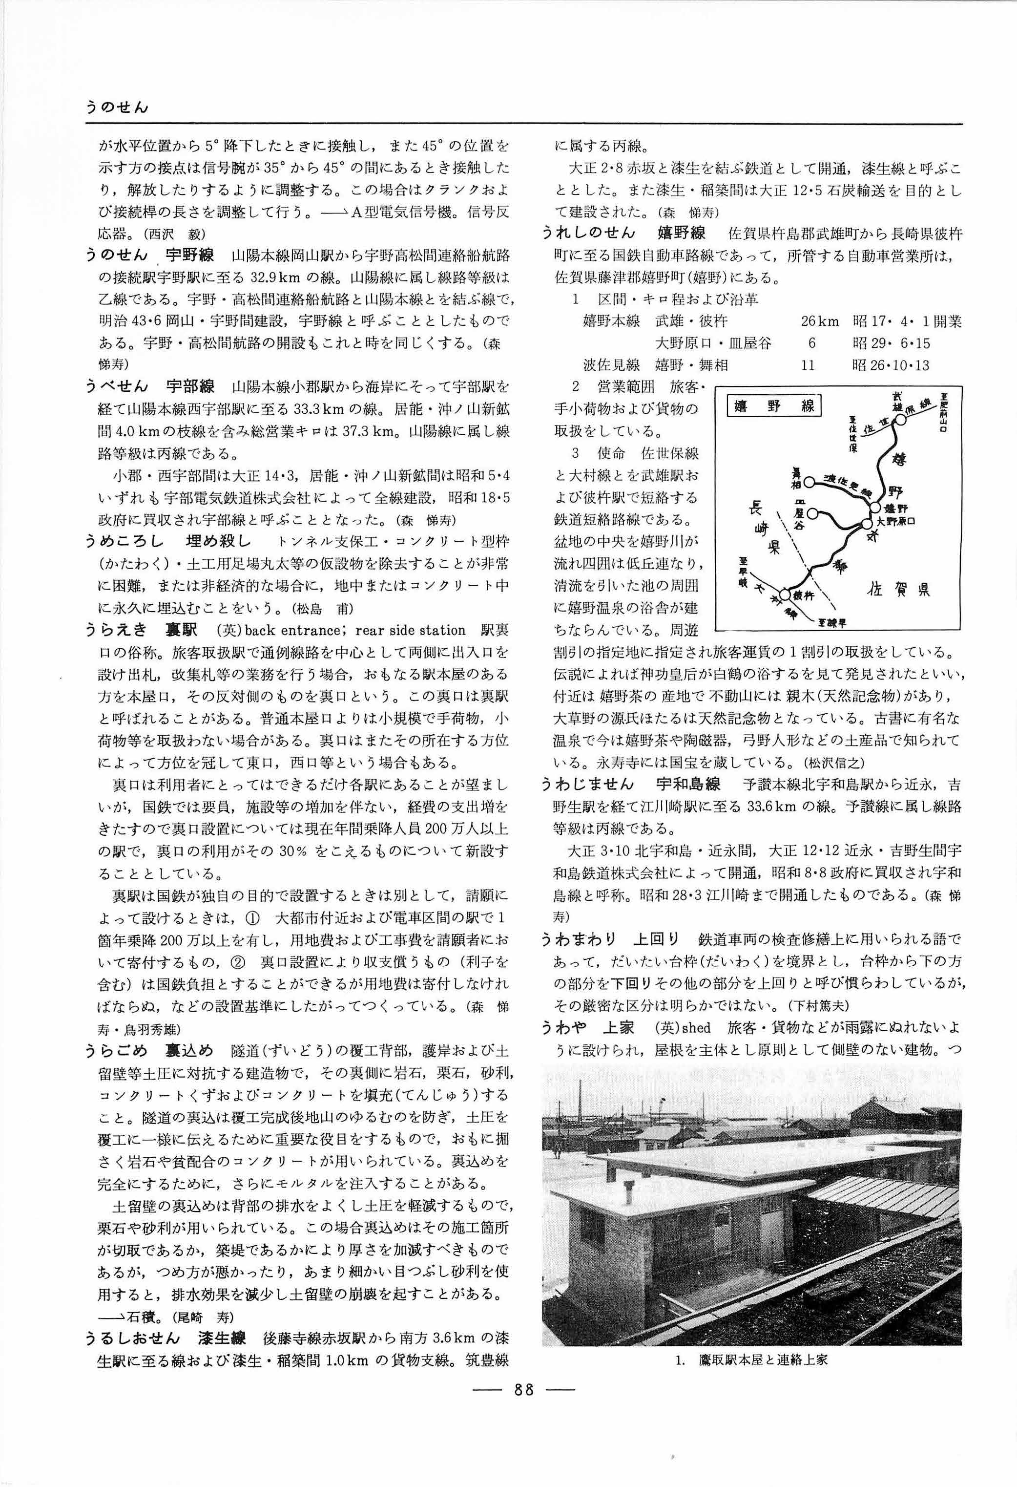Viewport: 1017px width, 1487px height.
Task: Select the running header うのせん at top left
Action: tap(117, 107)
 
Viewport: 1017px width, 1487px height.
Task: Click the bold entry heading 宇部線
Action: tap(190, 386)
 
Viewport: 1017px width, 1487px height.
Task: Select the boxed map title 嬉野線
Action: tap(774, 405)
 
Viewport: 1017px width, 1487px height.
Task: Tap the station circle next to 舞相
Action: tap(809, 481)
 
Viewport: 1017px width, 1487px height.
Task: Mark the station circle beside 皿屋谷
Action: tap(812, 512)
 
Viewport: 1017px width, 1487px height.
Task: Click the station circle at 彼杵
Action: tap(785, 595)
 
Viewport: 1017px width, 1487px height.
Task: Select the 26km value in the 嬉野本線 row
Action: tap(819, 321)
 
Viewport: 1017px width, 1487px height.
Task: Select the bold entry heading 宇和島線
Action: tap(687, 784)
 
